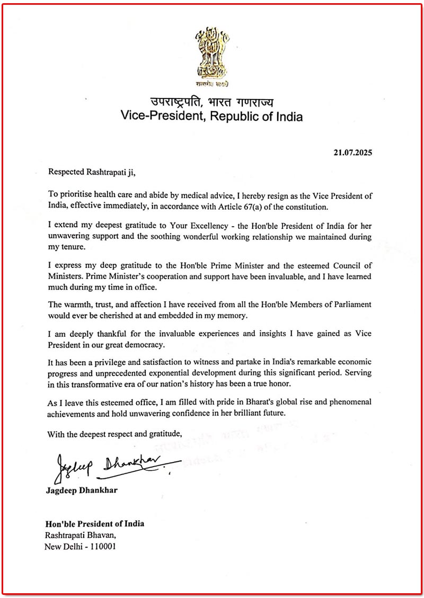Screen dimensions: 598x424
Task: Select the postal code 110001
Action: coord(98,545)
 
